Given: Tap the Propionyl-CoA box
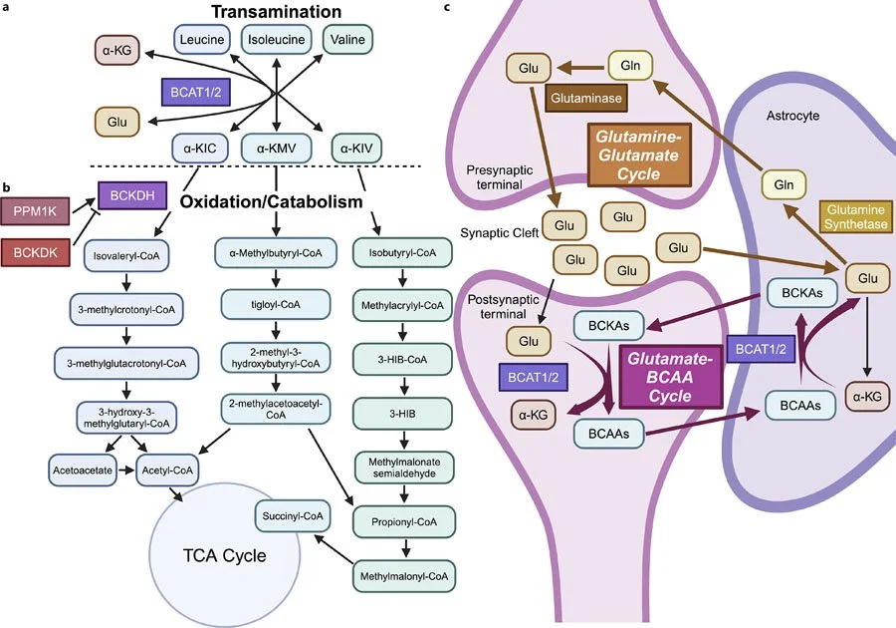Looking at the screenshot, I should coord(404,521).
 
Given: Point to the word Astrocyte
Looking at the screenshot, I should coord(793,116).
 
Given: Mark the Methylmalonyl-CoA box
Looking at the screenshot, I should coord(404,574).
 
